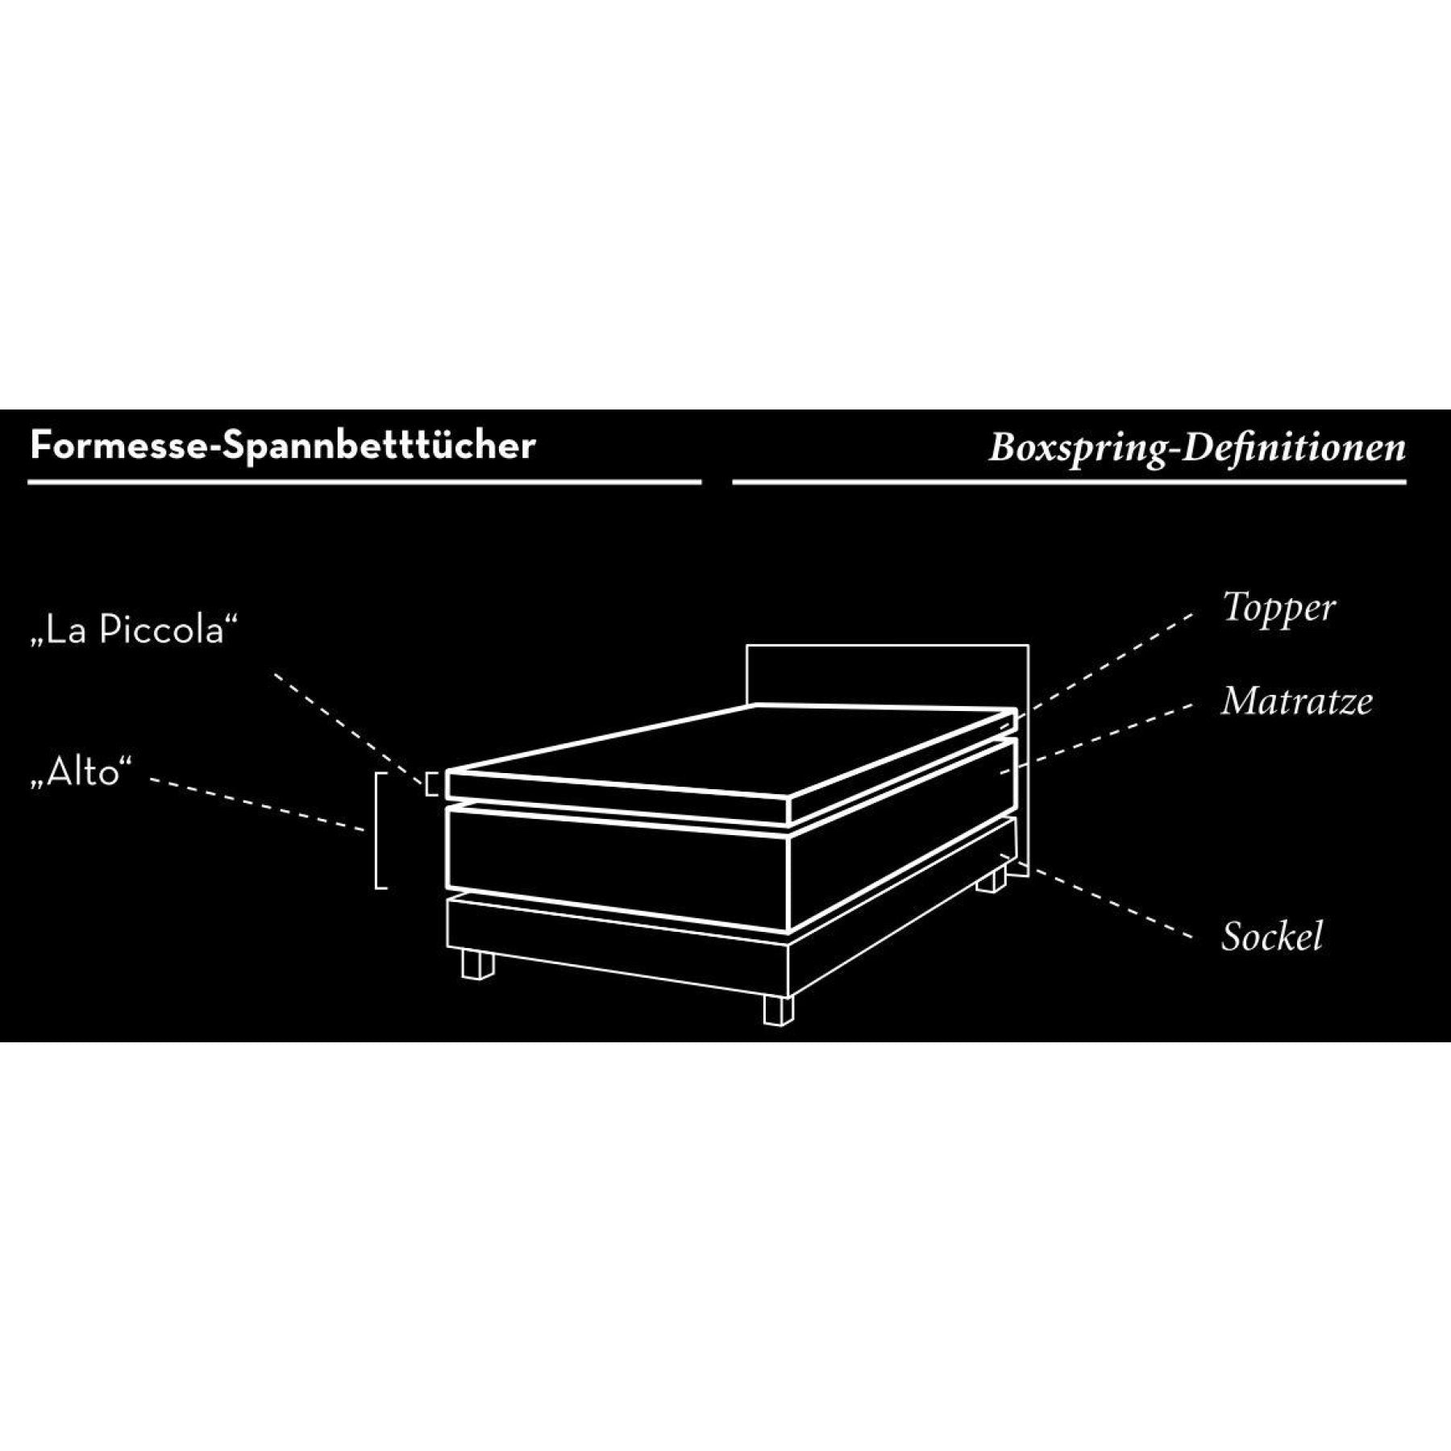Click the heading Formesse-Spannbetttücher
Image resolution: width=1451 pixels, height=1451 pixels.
pos(282,446)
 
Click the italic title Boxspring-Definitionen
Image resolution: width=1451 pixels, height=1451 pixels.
pos(1197,448)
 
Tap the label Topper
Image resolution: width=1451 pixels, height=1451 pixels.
pos(1278,609)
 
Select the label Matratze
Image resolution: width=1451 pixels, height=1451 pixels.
pos(1296,701)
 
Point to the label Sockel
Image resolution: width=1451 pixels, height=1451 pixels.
pos(1272,936)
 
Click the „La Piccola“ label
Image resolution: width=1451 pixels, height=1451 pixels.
pos(135,630)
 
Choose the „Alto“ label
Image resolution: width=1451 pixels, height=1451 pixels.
pos(80,772)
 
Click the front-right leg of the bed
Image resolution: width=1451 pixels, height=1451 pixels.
pos(779,1010)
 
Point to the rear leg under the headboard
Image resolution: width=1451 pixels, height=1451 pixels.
pos(992,879)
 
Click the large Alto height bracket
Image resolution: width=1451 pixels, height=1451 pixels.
pos(381,829)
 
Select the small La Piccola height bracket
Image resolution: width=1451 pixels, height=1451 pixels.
pos(431,783)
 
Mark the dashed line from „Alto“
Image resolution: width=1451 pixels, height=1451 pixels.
pos(258,804)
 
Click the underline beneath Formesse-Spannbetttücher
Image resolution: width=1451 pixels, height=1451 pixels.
pos(364,482)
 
